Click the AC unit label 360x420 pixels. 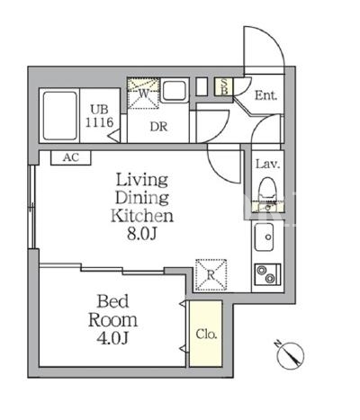(71, 157)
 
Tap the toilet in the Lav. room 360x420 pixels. (266, 188)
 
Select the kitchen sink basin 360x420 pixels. (264, 237)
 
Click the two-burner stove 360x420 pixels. (267, 274)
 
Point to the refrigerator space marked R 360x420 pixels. (211, 275)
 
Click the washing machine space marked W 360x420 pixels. (143, 94)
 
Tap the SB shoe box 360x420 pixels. (224, 86)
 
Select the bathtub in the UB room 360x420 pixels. (59, 116)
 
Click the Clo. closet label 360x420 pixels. (206, 334)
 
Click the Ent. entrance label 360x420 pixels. (265, 96)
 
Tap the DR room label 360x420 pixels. (158, 127)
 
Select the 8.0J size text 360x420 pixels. (142, 234)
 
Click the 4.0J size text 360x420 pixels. (112, 338)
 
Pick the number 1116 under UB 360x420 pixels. (99, 122)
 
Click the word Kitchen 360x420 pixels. (142, 216)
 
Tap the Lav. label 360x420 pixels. (267, 165)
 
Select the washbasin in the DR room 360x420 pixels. (175, 91)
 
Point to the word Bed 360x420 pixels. (112, 301)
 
